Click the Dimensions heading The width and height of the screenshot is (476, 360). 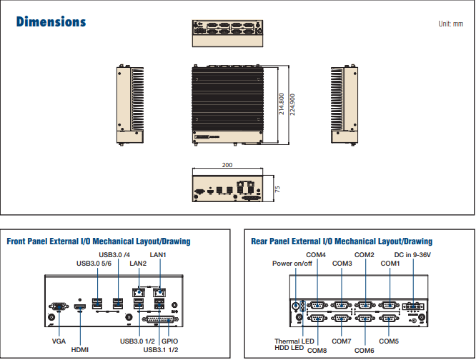[51, 21]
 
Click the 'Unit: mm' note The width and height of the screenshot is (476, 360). [450, 24]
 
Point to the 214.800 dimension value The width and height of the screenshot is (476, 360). [282, 104]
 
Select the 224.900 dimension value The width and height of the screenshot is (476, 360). [292, 104]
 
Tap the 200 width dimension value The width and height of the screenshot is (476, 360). [227, 165]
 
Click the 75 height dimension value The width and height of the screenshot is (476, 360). [277, 189]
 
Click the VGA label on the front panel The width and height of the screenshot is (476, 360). [59, 341]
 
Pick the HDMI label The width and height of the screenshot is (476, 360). [80, 350]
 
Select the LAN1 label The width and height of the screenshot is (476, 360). [158, 254]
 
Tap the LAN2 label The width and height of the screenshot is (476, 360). [138, 263]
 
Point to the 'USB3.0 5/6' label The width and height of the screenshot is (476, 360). [95, 263]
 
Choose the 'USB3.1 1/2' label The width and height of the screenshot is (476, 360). [161, 350]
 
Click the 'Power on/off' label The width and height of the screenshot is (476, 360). [292, 263]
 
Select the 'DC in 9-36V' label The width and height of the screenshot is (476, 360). [413, 254]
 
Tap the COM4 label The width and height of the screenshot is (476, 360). [316, 254]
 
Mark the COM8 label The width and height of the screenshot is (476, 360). [317, 350]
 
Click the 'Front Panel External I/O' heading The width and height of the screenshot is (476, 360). [99, 241]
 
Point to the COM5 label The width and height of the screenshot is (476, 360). [390, 341]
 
